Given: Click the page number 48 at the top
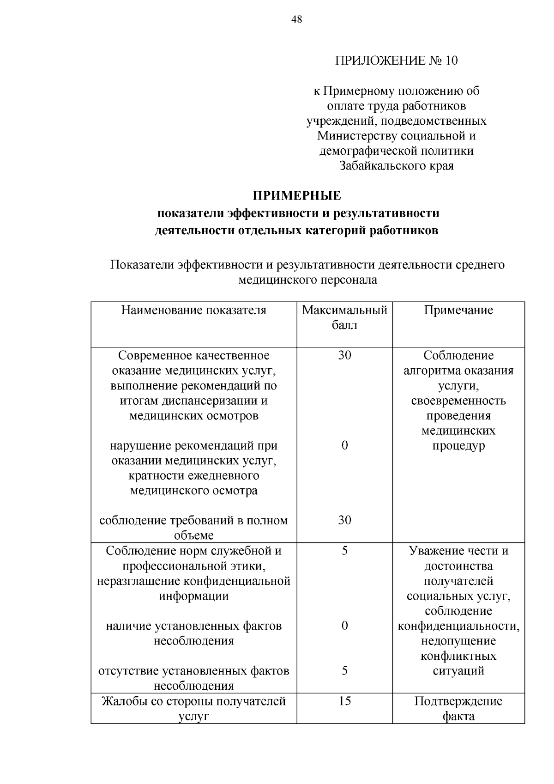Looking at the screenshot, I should (x=297, y=19).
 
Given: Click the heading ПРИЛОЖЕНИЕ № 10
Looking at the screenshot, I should (x=396, y=61).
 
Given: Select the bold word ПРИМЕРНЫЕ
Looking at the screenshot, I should (x=297, y=196).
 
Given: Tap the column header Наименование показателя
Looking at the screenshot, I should (x=194, y=310).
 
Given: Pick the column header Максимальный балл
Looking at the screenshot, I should (x=344, y=317).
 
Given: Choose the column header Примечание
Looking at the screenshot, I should (x=458, y=310).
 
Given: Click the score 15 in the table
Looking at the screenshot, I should (x=344, y=701).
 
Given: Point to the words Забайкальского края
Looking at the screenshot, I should (x=396, y=166).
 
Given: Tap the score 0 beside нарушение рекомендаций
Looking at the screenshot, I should (x=344, y=445).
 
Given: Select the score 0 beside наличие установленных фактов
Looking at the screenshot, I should (x=344, y=626).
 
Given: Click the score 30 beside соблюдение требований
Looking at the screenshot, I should (x=344, y=520).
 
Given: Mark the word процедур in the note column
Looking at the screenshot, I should (x=458, y=446).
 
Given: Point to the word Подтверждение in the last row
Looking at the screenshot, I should (x=458, y=701).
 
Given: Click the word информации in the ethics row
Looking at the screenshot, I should (x=194, y=596).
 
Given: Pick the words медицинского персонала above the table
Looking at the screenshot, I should (x=307, y=280).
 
